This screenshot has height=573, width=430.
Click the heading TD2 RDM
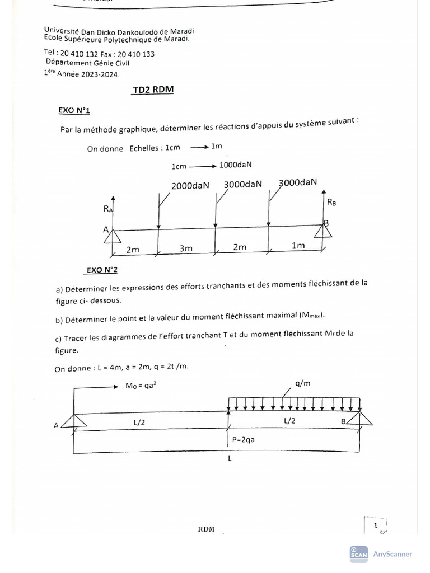[153, 90]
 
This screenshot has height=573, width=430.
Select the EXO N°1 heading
[74, 110]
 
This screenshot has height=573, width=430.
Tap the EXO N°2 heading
[102, 270]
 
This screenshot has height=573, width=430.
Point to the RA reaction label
[107, 209]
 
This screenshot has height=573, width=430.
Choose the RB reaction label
[332, 203]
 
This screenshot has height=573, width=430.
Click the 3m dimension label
[186, 248]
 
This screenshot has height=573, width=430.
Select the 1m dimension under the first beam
[298, 245]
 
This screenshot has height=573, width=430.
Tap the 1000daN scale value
[236, 165]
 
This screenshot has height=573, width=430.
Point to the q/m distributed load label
[301, 384]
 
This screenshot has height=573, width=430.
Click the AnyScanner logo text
[392, 554]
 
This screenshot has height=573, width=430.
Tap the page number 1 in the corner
[376, 525]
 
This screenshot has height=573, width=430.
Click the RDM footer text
[207, 530]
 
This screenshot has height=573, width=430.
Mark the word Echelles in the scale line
[145, 149]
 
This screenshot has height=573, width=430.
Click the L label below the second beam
[230, 458]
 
